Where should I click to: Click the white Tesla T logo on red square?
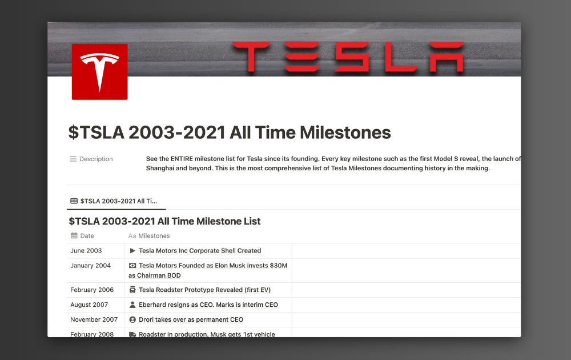click(x=99, y=71)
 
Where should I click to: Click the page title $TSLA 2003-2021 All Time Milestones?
click(x=230, y=133)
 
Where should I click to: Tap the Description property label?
click(x=95, y=159)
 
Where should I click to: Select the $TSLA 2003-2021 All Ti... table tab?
click(x=114, y=201)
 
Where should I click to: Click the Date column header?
click(x=87, y=235)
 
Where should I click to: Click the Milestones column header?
click(x=154, y=235)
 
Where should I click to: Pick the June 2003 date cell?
click(x=86, y=250)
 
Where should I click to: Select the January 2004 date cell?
click(x=90, y=265)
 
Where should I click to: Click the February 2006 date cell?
click(x=92, y=290)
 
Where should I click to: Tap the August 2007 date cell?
click(x=89, y=305)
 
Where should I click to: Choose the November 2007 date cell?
click(x=94, y=319)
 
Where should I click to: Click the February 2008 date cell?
click(x=92, y=334)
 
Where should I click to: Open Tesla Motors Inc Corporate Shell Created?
click(x=200, y=250)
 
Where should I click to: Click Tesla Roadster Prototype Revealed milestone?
click(x=204, y=290)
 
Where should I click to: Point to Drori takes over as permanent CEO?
click(x=191, y=319)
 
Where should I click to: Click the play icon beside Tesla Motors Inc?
click(x=132, y=250)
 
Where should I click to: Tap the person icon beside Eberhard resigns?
click(x=132, y=305)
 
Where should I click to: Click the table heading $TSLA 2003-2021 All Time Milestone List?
click(x=164, y=221)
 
